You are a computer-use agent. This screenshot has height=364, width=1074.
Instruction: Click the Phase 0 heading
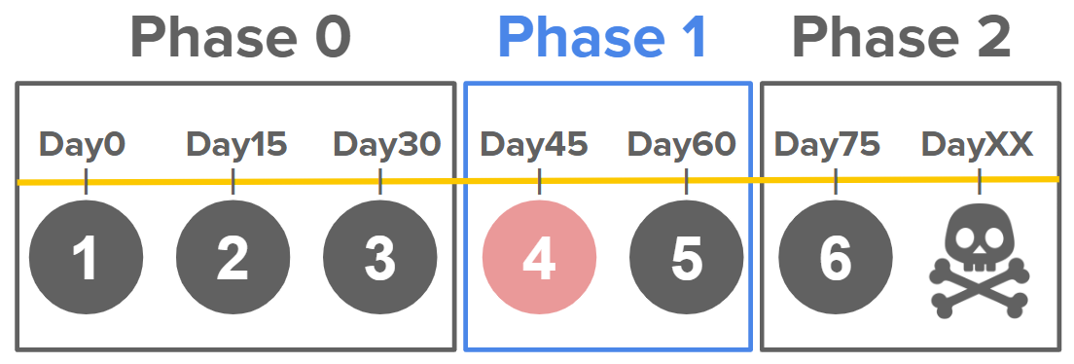[240, 38]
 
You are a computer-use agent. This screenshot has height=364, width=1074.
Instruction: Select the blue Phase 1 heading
[603, 38]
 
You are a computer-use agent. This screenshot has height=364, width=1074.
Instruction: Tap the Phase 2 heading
[902, 38]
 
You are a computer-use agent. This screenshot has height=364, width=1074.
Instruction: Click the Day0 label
[83, 145]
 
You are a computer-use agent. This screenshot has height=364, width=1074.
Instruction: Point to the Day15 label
[237, 145]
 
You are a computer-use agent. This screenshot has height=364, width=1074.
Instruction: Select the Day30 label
[387, 145]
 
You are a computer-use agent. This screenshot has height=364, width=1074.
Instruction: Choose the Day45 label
[534, 145]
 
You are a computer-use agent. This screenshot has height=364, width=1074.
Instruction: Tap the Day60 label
[682, 145]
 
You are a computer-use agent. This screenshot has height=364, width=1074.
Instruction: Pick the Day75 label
[828, 145]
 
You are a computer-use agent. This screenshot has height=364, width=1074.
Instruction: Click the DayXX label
[978, 145]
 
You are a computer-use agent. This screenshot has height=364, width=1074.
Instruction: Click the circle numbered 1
[87, 258]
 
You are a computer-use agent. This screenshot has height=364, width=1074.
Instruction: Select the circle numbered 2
[233, 258]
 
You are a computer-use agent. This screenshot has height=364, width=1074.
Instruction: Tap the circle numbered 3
[380, 258]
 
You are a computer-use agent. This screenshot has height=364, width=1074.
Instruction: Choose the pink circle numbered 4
[540, 258]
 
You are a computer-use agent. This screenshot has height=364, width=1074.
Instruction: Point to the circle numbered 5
[686, 258]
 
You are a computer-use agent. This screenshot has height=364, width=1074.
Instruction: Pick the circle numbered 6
[836, 258]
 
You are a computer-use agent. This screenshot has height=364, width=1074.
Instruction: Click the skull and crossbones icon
[980, 262]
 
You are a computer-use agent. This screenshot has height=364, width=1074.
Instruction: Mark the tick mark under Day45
[540, 182]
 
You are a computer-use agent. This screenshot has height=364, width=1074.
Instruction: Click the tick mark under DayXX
[980, 182]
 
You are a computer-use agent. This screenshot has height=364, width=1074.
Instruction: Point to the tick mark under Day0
[87, 182]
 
